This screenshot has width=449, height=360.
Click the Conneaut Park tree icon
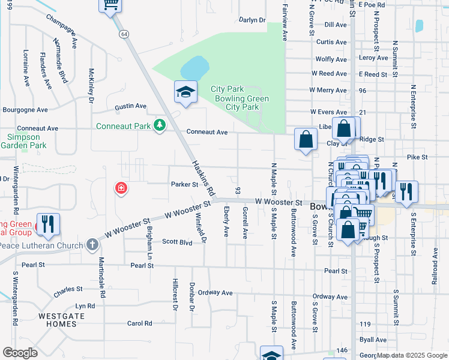coord(159,125)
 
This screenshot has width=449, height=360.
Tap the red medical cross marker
coord(121,188)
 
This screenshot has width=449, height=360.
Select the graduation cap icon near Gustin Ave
coord(185,92)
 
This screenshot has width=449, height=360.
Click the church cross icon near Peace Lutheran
coord(92,244)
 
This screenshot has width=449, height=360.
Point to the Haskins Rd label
coord(203,179)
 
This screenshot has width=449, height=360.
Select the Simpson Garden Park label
coord(26,141)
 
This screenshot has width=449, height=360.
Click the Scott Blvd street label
coord(177,242)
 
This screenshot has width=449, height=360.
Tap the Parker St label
coord(184,184)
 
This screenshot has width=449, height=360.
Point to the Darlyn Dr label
coord(252,20)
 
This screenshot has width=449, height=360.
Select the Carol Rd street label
coord(139,323)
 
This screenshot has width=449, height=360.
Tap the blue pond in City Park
coord(194,67)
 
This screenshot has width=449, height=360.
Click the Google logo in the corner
coord(20,352)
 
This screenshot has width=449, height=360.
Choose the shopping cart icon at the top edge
coord(110,5)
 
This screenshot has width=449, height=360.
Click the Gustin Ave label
coord(131,106)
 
